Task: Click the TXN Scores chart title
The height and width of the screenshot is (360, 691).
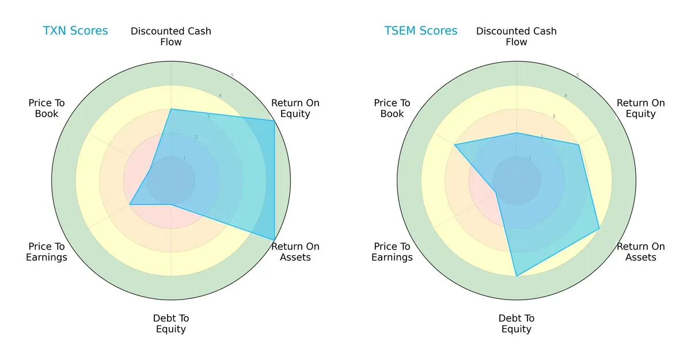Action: pos(75,31)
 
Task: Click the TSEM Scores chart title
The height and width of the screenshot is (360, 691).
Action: pos(421,31)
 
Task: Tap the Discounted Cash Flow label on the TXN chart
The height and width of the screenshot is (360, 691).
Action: pos(171,36)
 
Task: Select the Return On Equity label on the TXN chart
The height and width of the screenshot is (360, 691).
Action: pos(295,108)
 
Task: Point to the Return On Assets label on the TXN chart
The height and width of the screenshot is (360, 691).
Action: pos(295,252)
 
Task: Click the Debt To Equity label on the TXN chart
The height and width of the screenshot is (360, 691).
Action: pos(171,324)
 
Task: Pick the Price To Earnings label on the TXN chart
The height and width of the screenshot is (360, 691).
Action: pos(47,252)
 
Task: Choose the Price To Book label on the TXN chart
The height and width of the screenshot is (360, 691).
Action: pos(47,108)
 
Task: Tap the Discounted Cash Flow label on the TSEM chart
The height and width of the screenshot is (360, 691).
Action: pos(517,36)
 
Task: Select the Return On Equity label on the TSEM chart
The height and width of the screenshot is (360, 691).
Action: pos(641,108)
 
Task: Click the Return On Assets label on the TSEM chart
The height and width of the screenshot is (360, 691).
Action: pos(641,252)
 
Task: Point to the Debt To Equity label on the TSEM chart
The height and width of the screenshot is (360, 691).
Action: pos(517,324)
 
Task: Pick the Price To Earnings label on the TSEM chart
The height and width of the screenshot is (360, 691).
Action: pos(392,252)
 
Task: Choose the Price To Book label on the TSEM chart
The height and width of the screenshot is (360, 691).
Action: pos(392,108)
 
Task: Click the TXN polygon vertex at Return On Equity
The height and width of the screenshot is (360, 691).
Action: pos(274,120)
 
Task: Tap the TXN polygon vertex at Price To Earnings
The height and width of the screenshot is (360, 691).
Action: pos(130,204)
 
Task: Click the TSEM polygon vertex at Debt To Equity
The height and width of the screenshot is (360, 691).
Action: pos(517,276)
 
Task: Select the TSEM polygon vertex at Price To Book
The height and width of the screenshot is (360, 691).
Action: pos(454,145)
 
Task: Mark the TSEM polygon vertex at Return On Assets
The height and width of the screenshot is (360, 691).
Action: pos(599,228)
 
